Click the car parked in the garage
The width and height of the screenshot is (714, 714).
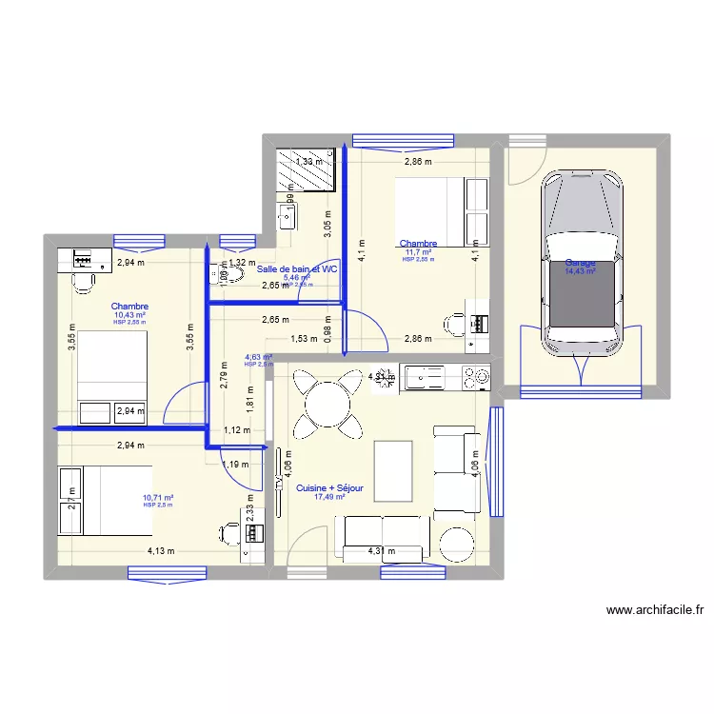578,267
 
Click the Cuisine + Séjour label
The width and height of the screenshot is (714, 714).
329,487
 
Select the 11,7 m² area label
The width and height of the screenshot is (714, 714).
418,252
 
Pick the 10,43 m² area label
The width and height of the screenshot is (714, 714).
129,315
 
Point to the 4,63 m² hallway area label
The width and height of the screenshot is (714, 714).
259,357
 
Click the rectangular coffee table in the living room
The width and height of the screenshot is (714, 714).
393,468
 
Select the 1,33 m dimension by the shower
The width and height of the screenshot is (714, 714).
308,162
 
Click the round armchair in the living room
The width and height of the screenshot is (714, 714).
454,543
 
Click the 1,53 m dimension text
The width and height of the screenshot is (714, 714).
304,338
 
